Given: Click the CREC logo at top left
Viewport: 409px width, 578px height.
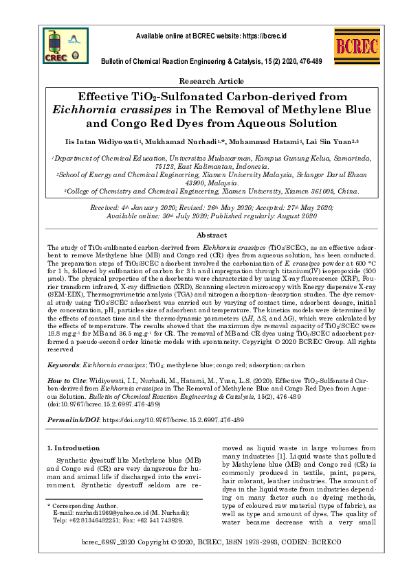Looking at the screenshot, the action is pos(57,43).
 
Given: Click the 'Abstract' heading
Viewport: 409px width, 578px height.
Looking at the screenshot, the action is pos(204,235).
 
